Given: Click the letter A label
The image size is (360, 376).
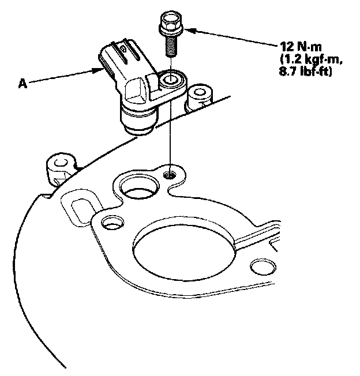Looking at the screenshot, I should pos(22,84).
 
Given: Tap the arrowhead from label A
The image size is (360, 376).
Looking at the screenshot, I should pos(99,70).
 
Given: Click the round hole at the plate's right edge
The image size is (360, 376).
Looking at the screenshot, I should pos(262,266).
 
